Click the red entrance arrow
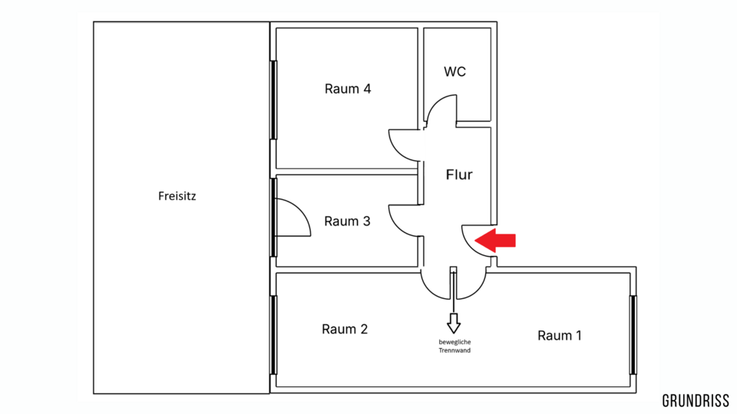(497, 240)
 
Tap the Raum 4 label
(348, 89)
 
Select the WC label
(454, 72)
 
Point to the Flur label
(459, 175)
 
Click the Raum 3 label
(347, 222)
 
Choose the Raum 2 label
(345, 330)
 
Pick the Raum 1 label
(560, 335)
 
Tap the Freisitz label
(177, 196)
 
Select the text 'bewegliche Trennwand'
(454, 346)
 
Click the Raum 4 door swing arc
(402, 143)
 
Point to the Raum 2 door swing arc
(435, 287)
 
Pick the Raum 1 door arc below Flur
(472, 285)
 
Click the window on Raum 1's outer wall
(633, 335)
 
